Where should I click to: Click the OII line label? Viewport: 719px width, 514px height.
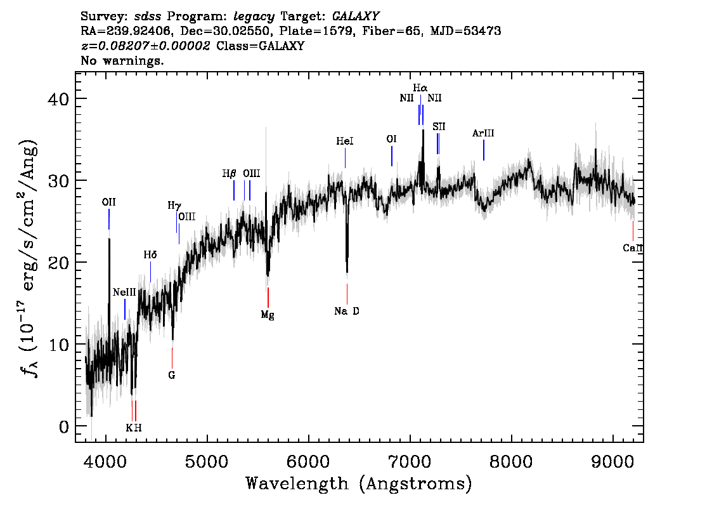(x=108, y=202)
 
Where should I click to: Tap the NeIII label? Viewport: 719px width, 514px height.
(x=124, y=293)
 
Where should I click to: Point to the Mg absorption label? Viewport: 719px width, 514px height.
(x=268, y=315)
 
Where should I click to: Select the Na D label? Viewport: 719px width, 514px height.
(x=347, y=311)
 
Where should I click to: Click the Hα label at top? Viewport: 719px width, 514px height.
(x=420, y=88)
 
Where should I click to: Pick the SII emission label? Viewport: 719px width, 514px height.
(x=439, y=127)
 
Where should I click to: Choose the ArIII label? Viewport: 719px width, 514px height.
(x=483, y=133)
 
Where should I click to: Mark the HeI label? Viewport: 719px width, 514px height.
(x=345, y=141)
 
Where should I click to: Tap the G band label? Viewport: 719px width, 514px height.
(x=171, y=376)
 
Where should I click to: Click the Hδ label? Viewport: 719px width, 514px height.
(x=150, y=254)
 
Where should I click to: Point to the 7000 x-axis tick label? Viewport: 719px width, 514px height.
(x=410, y=462)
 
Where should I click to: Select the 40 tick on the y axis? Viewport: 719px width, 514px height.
(x=58, y=98)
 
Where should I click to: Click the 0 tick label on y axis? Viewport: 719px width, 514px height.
(x=64, y=427)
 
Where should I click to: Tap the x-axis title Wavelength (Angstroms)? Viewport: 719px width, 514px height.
(x=359, y=484)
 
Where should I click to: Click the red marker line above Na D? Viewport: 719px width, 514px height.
(x=347, y=294)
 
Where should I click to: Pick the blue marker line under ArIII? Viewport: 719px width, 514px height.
(x=484, y=150)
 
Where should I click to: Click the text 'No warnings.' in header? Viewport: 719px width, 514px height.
(x=122, y=60)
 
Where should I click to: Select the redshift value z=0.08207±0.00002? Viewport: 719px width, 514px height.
(x=145, y=46)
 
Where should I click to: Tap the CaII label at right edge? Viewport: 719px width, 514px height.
(x=633, y=248)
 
